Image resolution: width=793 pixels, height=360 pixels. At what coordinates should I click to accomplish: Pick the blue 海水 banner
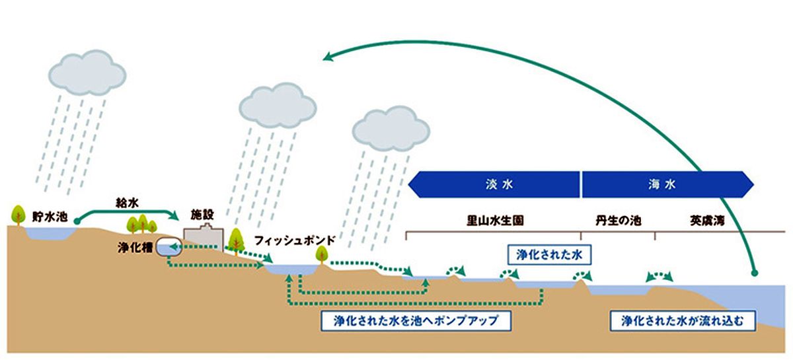point(666,184)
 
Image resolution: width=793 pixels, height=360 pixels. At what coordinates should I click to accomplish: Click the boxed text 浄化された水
point(548,254)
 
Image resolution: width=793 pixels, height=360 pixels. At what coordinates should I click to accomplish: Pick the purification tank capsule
point(169,248)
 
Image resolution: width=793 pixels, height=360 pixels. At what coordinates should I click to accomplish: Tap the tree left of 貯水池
point(17,214)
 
